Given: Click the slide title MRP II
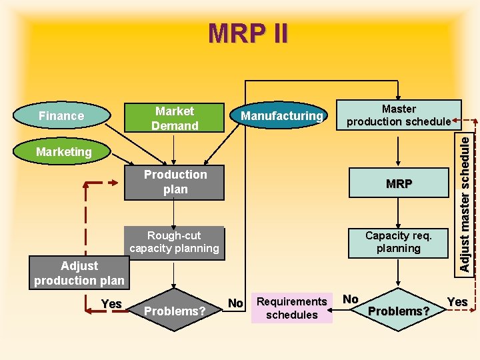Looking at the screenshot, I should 248,33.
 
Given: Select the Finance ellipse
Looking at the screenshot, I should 61,116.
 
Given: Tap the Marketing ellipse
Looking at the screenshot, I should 64,152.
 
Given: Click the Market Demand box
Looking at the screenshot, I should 175,118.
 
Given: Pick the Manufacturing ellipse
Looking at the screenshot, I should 281,116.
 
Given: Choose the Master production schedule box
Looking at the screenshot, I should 399,115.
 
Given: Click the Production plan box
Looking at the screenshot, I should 175,182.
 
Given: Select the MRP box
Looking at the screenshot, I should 399,184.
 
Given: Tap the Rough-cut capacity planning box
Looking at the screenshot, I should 174,242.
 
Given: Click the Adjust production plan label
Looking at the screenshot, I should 79,273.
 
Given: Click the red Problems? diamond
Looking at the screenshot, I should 175,311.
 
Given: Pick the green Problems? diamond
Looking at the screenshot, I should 399,311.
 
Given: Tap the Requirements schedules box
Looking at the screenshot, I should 291,308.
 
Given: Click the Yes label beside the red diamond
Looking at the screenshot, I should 111,304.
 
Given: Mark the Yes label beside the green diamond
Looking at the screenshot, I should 457,302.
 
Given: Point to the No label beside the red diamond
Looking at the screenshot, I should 235,303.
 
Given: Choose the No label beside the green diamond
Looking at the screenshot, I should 351,299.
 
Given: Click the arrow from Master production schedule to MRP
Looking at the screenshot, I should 399,150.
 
